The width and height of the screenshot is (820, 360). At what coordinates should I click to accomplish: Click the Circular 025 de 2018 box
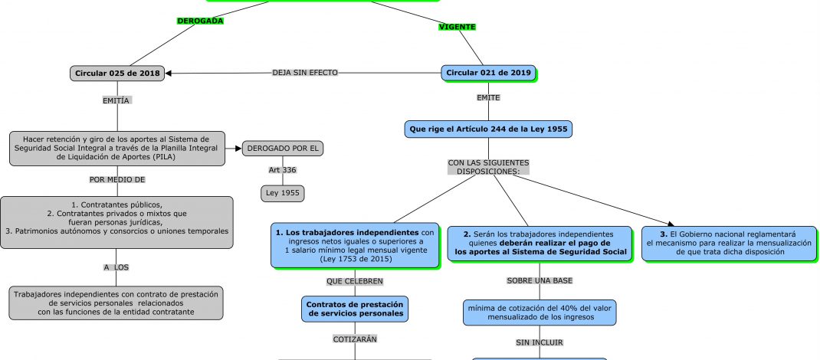tap(117, 74)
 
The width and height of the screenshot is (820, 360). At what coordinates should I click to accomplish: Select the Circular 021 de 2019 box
tap(488, 73)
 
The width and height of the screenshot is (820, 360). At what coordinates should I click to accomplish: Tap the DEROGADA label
tap(200, 21)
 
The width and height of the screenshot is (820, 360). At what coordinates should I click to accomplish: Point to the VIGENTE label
tap(457, 27)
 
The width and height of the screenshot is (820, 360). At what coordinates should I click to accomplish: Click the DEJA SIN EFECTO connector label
tap(304, 73)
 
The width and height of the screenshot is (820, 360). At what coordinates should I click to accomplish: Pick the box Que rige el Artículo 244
tap(488, 129)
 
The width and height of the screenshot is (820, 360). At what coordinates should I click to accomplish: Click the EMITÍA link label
tap(117, 100)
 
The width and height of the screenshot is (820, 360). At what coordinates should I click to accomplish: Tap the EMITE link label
tap(488, 98)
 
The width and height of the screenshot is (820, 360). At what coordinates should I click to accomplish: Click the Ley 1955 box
tap(283, 194)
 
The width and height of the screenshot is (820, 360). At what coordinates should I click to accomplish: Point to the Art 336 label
tap(283, 170)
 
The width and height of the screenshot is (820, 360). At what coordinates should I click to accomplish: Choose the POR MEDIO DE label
tap(117, 180)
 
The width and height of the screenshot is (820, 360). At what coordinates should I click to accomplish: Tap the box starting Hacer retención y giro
tap(117, 148)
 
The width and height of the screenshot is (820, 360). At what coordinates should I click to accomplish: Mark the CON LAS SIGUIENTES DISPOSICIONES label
tap(488, 167)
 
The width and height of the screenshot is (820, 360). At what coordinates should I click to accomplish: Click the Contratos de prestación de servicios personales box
tap(355, 309)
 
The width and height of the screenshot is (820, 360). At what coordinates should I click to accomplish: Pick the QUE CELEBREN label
tap(355, 281)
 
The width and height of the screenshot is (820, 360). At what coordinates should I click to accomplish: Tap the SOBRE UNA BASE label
tap(540, 280)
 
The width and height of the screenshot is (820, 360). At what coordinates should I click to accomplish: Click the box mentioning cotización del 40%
tap(540, 312)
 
